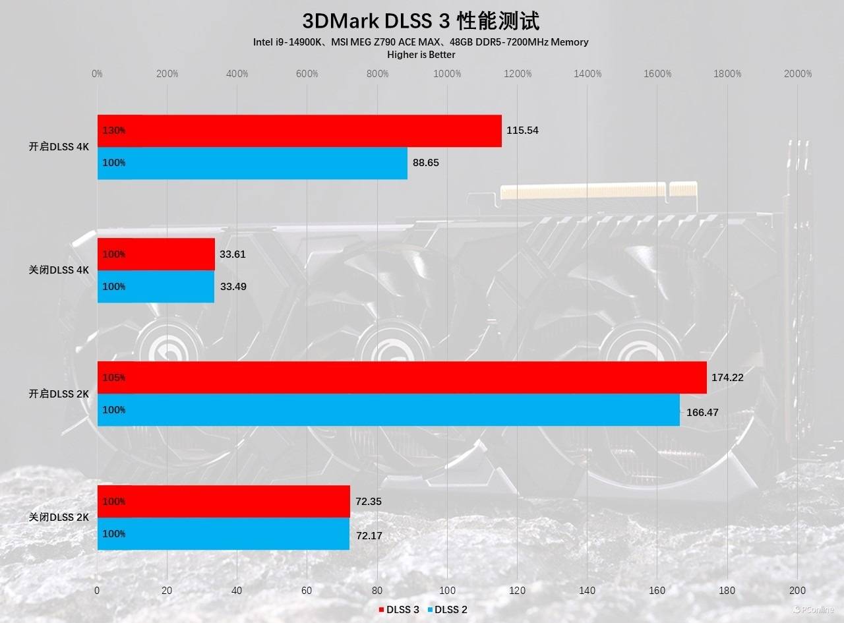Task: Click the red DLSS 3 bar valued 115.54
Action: (x=300, y=131)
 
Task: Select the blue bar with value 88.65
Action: (x=253, y=163)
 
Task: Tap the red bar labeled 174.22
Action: (x=402, y=378)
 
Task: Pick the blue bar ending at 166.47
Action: (x=389, y=410)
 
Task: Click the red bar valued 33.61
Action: (x=156, y=254)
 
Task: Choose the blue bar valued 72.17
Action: (x=224, y=534)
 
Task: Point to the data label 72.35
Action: (x=369, y=502)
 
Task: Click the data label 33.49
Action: (x=233, y=287)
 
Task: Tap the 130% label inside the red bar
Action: (x=114, y=131)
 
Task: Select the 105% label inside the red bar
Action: (x=114, y=378)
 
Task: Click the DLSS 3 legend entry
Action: (x=399, y=610)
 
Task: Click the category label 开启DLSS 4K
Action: (x=59, y=147)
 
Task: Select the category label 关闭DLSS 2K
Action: (x=59, y=518)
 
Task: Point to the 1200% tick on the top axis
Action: (x=518, y=74)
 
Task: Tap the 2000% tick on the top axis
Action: (x=798, y=74)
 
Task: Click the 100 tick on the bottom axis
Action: (x=447, y=591)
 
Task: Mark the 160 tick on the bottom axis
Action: (x=657, y=591)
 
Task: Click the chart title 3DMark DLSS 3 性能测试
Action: (x=421, y=21)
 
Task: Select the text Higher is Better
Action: (x=421, y=55)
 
